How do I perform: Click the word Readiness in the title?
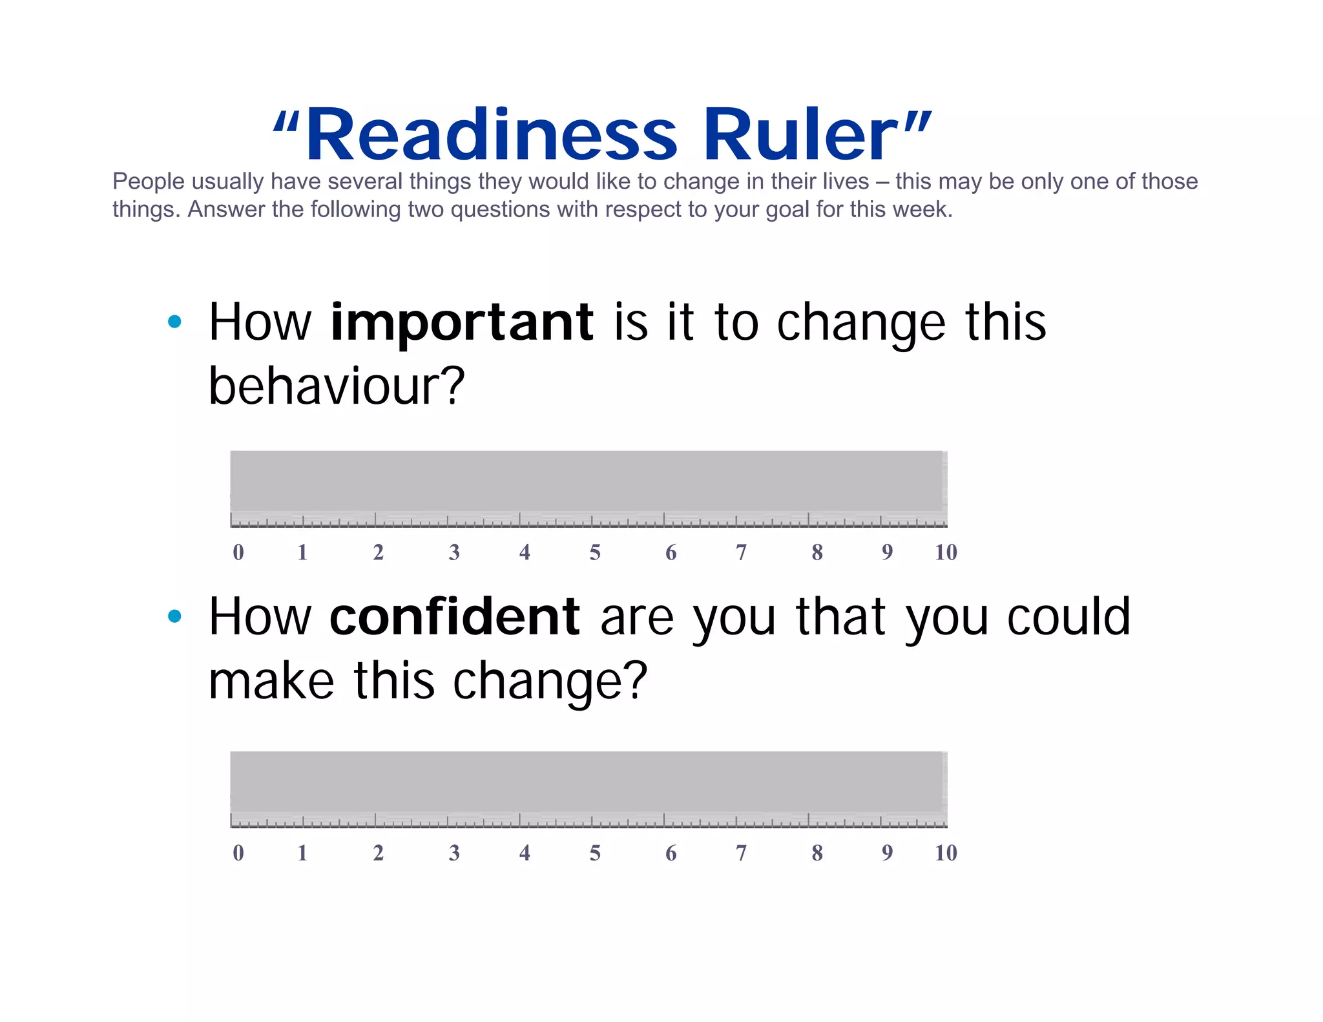click(x=491, y=135)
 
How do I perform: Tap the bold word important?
click(x=461, y=323)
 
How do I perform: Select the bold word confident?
click(x=454, y=617)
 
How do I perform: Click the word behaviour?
click(x=337, y=386)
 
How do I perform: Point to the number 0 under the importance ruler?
click(x=238, y=552)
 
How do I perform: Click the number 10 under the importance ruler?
click(x=946, y=552)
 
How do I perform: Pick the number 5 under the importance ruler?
click(x=595, y=552)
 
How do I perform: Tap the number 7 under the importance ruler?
click(x=741, y=552)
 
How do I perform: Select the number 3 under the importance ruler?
click(x=454, y=552)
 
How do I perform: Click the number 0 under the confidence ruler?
click(x=238, y=853)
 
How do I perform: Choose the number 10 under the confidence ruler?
click(x=946, y=853)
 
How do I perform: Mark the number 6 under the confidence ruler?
click(x=671, y=853)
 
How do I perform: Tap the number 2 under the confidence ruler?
click(x=379, y=853)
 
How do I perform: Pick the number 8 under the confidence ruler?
click(x=817, y=853)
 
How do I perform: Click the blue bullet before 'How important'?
click(x=174, y=322)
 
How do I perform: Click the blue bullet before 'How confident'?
click(x=174, y=616)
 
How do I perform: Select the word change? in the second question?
click(x=550, y=681)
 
